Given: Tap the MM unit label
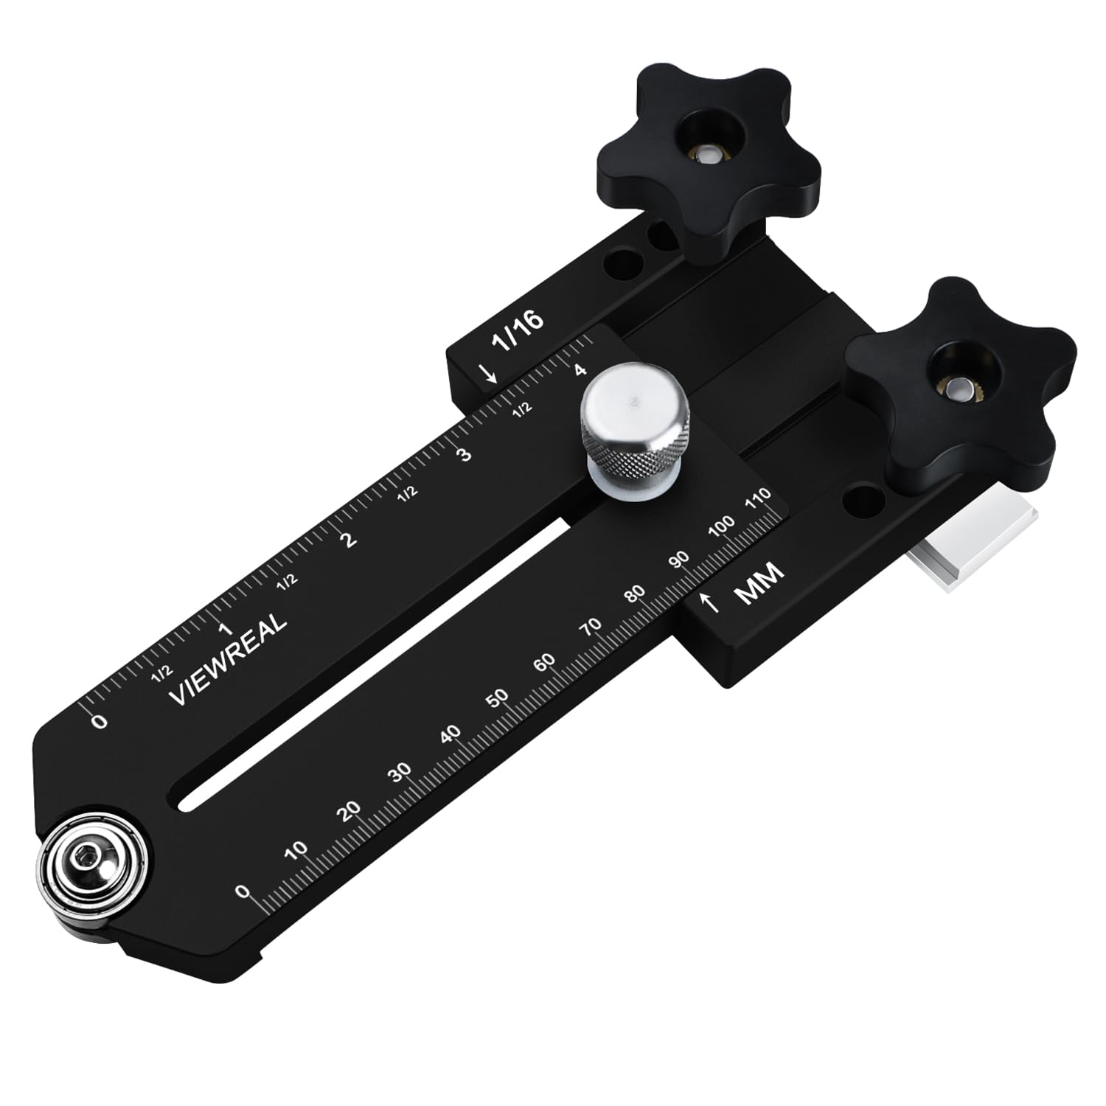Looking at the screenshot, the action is coord(759,582).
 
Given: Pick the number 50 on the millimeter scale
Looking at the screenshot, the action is coord(498,698).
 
